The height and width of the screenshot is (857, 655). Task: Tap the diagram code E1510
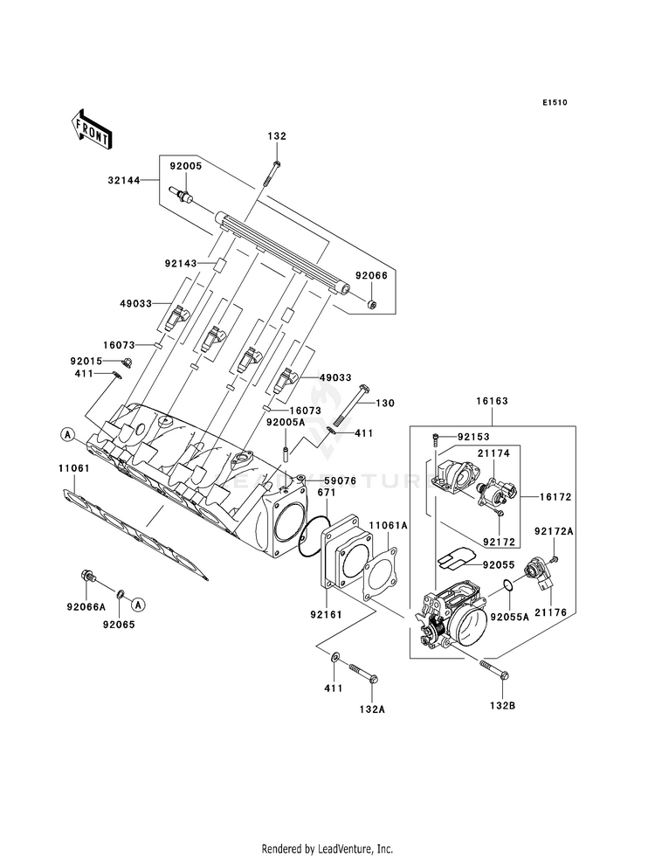point(555,102)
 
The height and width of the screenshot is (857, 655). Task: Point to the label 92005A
point(286,423)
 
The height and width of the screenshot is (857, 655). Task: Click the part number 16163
point(492,401)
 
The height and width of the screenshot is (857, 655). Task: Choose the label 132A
point(373,708)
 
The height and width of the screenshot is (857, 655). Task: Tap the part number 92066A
point(86,606)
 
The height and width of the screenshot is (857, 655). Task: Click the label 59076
point(340,481)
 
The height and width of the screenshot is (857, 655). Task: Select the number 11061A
point(389,525)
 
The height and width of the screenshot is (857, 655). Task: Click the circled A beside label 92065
point(138,604)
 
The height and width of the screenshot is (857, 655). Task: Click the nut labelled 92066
point(373,303)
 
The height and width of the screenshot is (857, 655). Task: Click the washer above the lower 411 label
point(334,655)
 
